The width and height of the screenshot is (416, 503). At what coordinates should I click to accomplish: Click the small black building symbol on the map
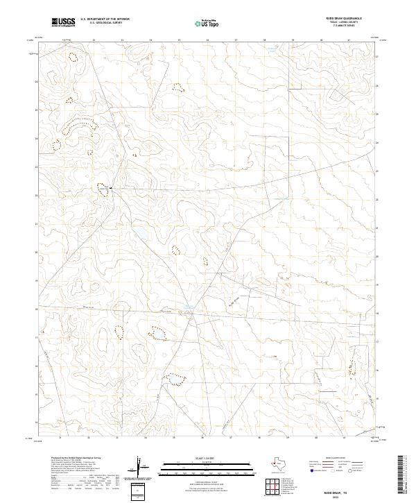pos(111,188)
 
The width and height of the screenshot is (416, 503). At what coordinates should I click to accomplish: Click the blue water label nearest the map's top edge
pos(272,50)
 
